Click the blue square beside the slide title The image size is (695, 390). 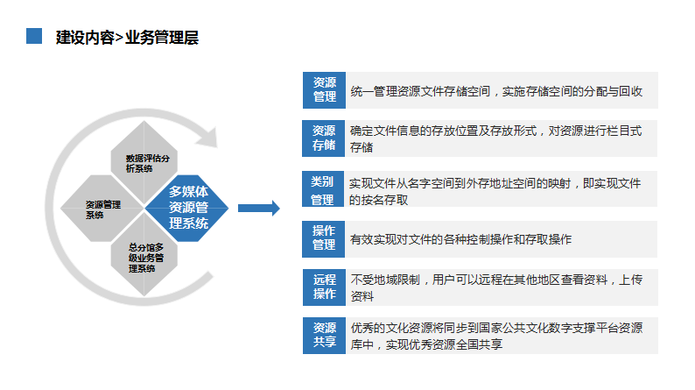pos(34,36)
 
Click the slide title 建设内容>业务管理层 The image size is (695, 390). pos(127,38)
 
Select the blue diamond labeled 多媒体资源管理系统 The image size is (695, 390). pos(186,208)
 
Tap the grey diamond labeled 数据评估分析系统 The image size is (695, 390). pos(144,162)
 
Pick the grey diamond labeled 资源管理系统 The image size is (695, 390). pos(102,208)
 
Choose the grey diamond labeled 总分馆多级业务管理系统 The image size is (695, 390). pos(144,254)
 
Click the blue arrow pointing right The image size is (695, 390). pos(259,208)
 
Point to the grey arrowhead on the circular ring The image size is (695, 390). pos(207,137)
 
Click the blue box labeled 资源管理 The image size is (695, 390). pos(324,90)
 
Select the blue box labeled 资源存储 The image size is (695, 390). pos(324,138)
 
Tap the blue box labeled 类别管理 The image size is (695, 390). pos(323,189)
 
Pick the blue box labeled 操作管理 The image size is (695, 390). pos(324,239)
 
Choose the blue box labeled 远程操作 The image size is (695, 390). pos(324,287)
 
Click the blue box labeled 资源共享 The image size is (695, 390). pos(324,336)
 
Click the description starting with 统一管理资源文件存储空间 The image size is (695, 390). pos(496,91)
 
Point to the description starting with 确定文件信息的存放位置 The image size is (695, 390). pos(495,138)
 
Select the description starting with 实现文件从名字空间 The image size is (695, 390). pos(495,191)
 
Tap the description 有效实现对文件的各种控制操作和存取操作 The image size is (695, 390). pos(461,239)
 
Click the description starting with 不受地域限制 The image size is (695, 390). pos(496,287)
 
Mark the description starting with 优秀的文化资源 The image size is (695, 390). pos(496,336)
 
